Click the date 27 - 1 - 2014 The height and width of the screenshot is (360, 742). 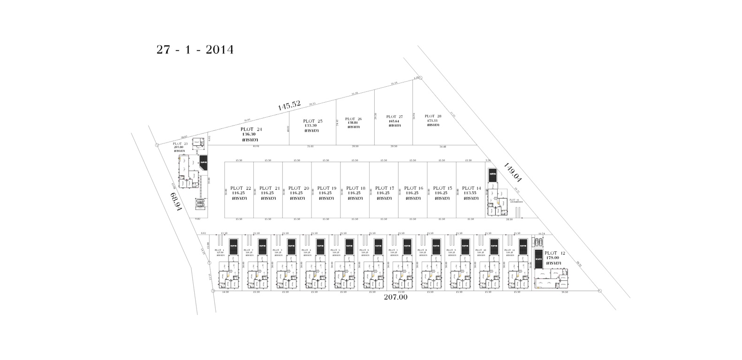point(195,50)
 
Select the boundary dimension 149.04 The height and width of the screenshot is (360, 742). point(513,172)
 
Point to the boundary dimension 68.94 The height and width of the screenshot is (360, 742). point(176,202)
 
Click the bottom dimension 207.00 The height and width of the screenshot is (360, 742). point(396,297)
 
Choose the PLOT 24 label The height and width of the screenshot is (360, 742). point(251,129)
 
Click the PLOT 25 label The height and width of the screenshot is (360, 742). point(312,121)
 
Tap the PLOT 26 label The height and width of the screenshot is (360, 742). point(353,119)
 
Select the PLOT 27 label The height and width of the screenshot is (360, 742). point(394,117)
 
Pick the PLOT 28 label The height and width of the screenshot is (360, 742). point(432,116)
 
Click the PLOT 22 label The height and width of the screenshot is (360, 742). point(241,188)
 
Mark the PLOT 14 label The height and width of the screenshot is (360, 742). point(471,188)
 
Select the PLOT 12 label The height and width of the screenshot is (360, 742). point(554,253)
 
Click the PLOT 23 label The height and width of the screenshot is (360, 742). point(180,143)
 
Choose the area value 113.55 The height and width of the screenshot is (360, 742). point(470,193)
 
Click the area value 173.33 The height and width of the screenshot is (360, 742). point(432,120)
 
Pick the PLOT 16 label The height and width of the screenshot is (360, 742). point(414,188)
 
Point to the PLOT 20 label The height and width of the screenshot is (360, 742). point(298,188)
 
